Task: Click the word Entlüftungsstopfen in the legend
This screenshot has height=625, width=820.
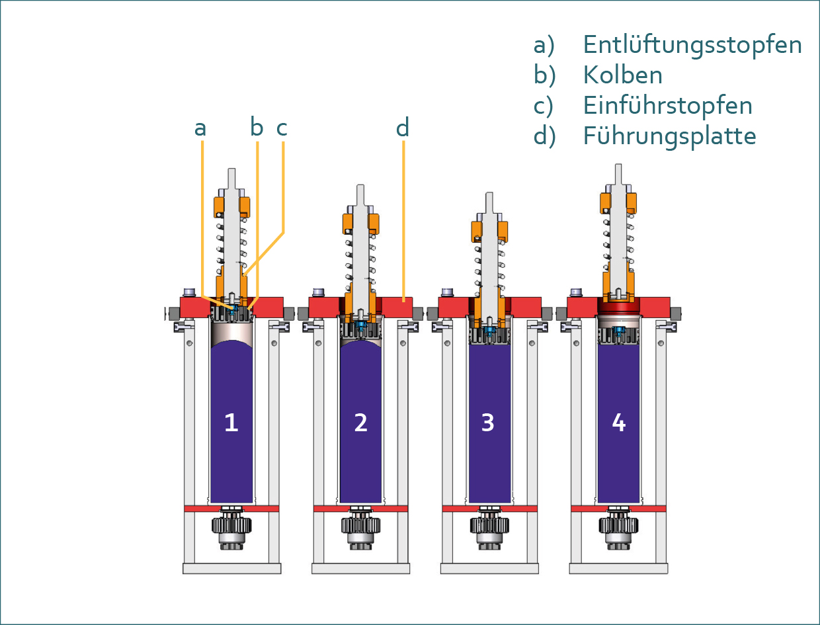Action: pyautogui.click(x=692, y=45)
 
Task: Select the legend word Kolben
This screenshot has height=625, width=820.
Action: pyautogui.click(x=622, y=75)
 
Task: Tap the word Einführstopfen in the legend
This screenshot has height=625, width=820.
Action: pyautogui.click(x=668, y=106)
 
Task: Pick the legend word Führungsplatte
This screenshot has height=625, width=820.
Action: pyautogui.click(x=669, y=136)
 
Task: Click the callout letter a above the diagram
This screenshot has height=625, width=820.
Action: pyautogui.click(x=200, y=128)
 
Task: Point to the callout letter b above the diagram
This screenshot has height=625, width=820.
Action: pyautogui.click(x=257, y=127)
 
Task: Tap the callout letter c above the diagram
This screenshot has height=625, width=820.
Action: pyautogui.click(x=282, y=128)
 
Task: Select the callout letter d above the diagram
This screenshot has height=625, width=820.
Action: pyautogui.click(x=403, y=127)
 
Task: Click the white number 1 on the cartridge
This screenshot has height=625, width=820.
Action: pyautogui.click(x=231, y=422)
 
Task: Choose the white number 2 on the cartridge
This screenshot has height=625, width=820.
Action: pyautogui.click(x=360, y=422)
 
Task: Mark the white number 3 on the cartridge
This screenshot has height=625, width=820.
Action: pyautogui.click(x=488, y=422)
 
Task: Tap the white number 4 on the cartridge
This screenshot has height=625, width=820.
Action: pyautogui.click(x=618, y=422)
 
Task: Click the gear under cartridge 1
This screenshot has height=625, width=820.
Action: pyautogui.click(x=231, y=526)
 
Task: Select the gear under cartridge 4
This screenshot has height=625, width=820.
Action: pyautogui.click(x=618, y=526)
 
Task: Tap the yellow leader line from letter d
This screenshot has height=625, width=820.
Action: pyautogui.click(x=403, y=218)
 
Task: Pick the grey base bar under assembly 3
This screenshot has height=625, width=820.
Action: pyautogui.click(x=489, y=568)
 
